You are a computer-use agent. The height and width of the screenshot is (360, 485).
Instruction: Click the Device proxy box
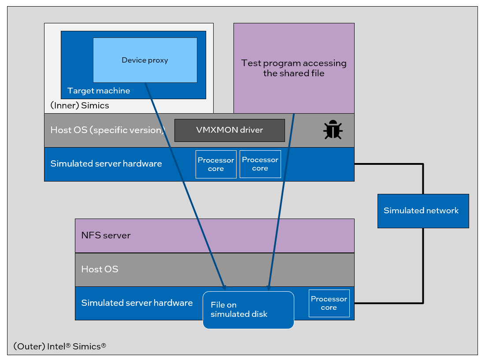[x=145, y=60]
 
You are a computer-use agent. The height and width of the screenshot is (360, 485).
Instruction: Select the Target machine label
[x=99, y=91]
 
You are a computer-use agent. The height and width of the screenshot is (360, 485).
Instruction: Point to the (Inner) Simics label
[x=80, y=106]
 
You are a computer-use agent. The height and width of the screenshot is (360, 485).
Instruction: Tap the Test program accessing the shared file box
[x=294, y=68]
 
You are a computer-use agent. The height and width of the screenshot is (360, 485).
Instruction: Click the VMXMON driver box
[x=230, y=130]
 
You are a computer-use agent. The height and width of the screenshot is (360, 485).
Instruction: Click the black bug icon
[x=333, y=130]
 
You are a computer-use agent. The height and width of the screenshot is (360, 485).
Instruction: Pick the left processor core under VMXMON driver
[x=216, y=164]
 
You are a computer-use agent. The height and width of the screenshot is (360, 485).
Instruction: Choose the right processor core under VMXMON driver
[x=260, y=164]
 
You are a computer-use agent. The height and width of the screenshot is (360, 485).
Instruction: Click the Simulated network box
[x=423, y=211]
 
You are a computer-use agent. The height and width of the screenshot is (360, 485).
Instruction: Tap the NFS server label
[x=106, y=235]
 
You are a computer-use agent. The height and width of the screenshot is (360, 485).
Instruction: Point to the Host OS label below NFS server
[x=100, y=269]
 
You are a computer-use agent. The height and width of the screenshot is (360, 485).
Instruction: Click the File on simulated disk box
[x=248, y=310]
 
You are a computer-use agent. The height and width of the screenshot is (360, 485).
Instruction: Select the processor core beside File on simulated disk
[x=329, y=303]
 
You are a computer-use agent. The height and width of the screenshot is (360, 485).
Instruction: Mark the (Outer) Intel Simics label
[x=59, y=346]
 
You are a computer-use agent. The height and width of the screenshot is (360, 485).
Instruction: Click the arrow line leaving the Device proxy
[x=185, y=185]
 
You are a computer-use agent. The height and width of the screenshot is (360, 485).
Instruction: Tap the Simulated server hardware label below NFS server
[x=137, y=303]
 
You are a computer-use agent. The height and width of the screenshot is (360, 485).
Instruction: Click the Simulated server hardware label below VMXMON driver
[x=106, y=163]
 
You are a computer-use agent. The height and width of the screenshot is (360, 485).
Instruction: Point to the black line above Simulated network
[x=423, y=178]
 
